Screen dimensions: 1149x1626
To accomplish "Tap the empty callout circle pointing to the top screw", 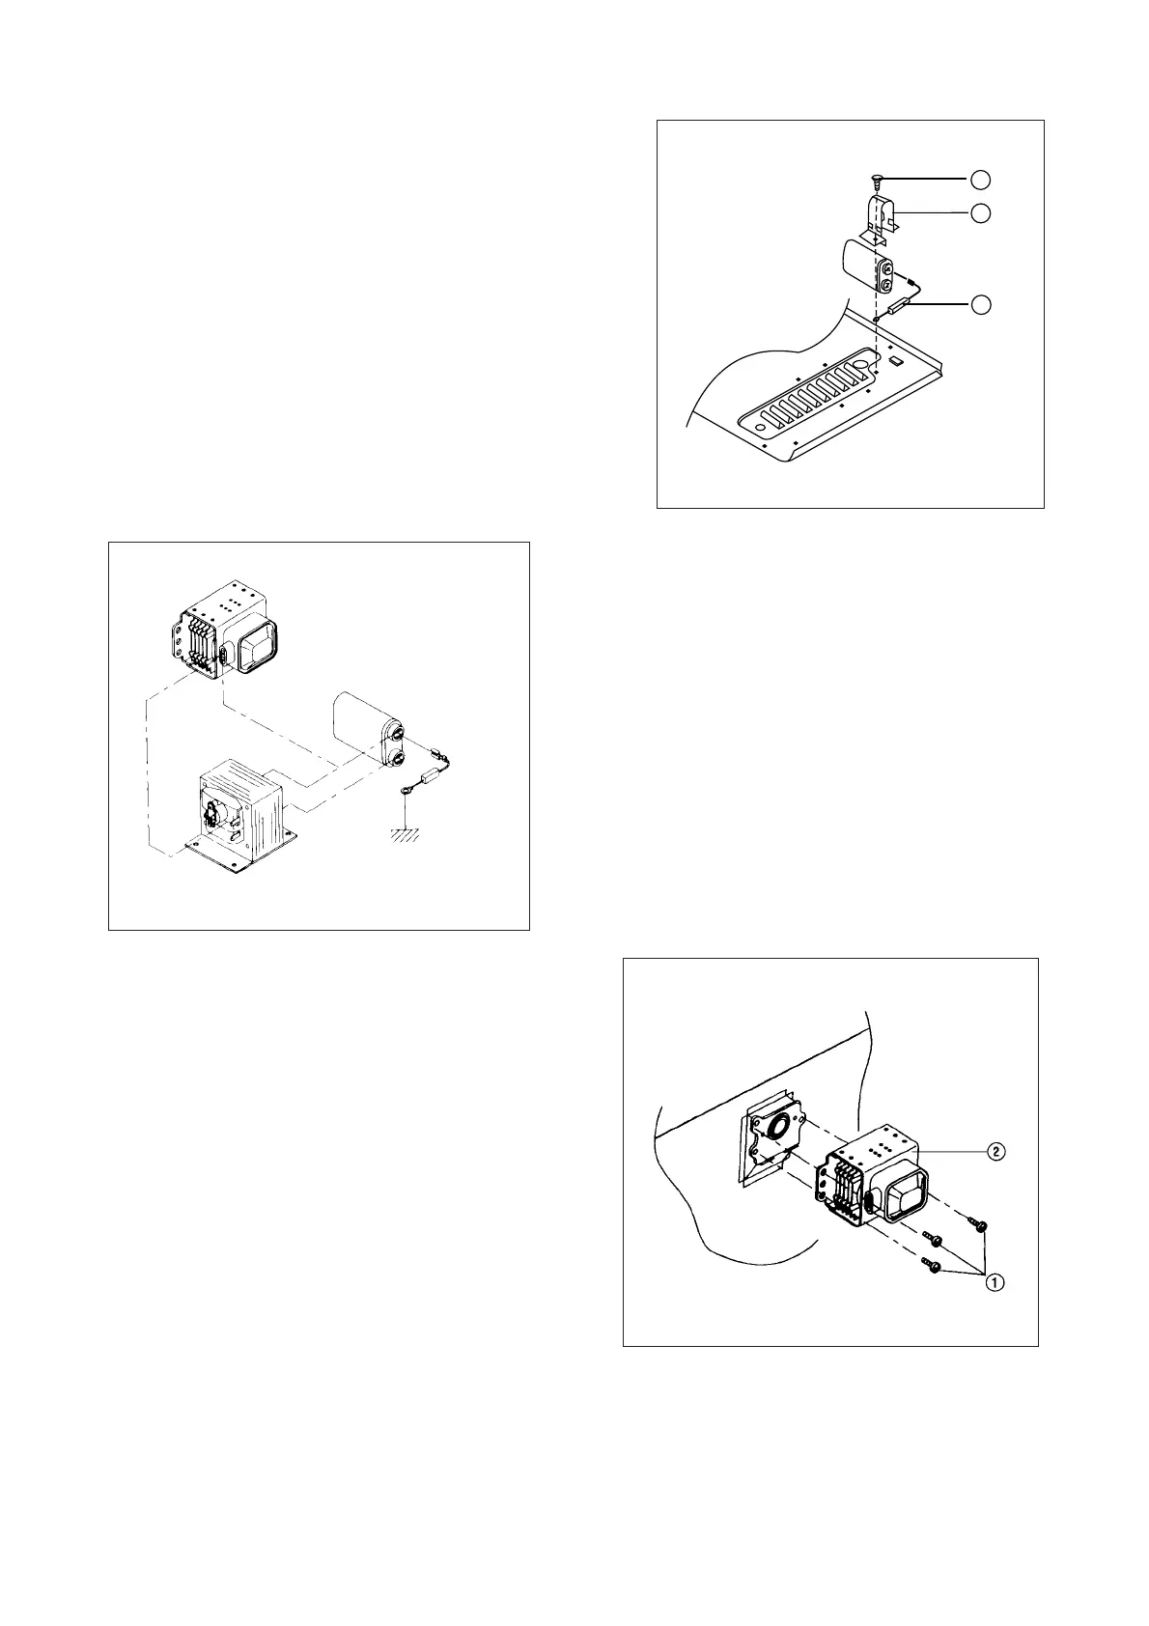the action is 980,179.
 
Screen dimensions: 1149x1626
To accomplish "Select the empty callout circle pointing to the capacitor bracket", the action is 980,212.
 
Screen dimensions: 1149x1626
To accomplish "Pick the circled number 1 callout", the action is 994,1282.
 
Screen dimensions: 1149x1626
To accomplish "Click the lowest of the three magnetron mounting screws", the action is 933,1267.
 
